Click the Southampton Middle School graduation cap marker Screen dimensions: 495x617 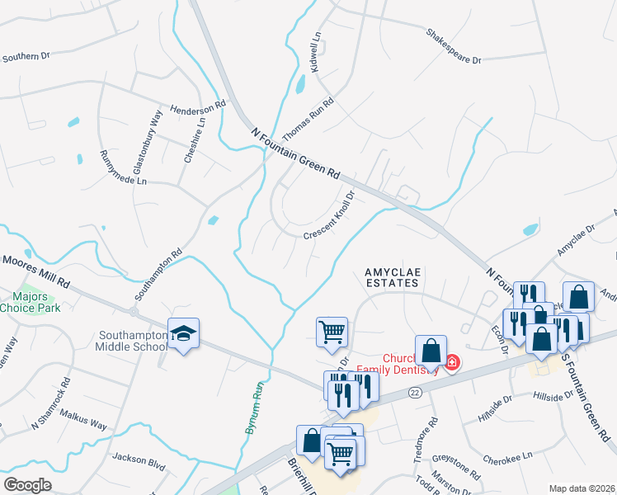[183, 334]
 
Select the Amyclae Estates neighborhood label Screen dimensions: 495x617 [392, 276]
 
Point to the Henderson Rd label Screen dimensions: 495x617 [198, 108]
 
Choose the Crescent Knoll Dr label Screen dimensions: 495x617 [329, 217]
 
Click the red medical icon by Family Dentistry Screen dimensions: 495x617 [452, 362]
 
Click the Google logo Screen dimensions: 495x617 [28, 484]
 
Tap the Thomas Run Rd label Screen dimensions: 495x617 [308, 120]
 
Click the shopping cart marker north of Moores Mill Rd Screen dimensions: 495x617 [331, 332]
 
